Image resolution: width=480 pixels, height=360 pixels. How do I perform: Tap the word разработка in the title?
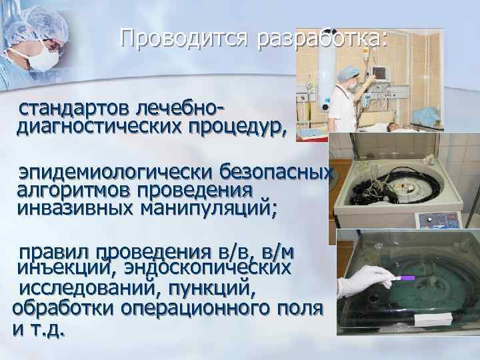point(321,39)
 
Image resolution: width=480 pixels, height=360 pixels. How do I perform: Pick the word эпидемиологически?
point(109,173)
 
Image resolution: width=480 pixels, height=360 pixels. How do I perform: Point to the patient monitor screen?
point(380,71)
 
